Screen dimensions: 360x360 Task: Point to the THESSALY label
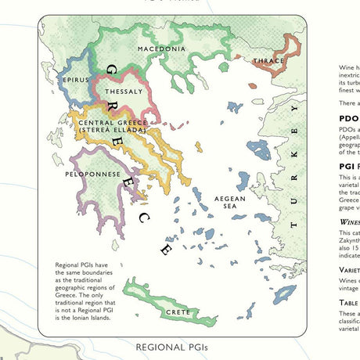click(x=124, y=92)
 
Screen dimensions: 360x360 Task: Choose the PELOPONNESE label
click(x=92, y=174)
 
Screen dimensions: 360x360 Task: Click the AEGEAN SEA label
click(x=230, y=203)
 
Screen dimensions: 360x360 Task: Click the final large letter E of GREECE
click(x=166, y=250)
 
